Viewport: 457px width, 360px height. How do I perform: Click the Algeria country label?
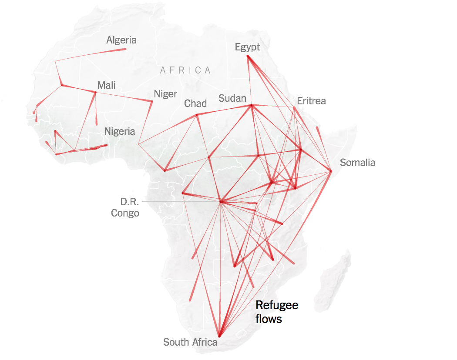[x=121, y=40]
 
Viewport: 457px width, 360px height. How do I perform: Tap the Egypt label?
[x=247, y=47]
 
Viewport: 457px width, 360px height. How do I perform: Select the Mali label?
[x=107, y=85]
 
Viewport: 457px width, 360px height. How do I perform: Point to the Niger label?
[x=165, y=94]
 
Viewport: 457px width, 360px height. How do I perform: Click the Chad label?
[x=195, y=103]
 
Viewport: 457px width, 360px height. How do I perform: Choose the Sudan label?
[x=232, y=98]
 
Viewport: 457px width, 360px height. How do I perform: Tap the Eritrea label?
[x=311, y=101]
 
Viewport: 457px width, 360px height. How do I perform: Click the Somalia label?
[x=357, y=163]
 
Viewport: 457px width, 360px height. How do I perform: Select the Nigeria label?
[x=120, y=131]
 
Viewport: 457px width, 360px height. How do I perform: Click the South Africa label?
[x=190, y=342]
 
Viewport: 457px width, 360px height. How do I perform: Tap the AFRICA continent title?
[x=185, y=70]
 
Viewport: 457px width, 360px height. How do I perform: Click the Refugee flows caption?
[x=277, y=312]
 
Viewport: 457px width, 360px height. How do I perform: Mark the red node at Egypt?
[x=247, y=56]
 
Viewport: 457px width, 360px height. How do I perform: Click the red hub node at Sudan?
[x=251, y=105]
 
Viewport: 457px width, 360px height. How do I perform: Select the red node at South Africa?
[x=219, y=335]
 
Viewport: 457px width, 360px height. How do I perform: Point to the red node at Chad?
[x=197, y=115]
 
